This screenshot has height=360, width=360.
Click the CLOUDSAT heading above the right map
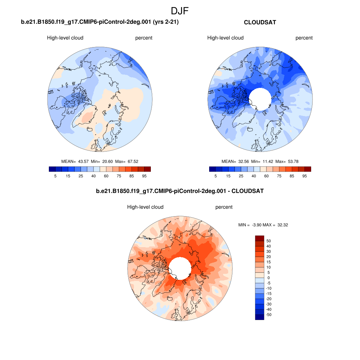coord(260,22)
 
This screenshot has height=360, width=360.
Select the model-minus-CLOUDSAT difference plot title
coord(180,191)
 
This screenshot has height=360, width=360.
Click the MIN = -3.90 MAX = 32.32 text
coord(263,225)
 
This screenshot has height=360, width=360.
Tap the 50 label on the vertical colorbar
coord(269,241)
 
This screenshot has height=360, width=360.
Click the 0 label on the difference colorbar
coord(269,278)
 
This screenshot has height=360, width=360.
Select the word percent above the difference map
coord(224,207)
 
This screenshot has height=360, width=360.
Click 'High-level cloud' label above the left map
coord(65,38)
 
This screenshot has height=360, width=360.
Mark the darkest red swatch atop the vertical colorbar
coord(259,238)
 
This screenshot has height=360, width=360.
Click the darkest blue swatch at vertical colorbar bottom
coord(259,317)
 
